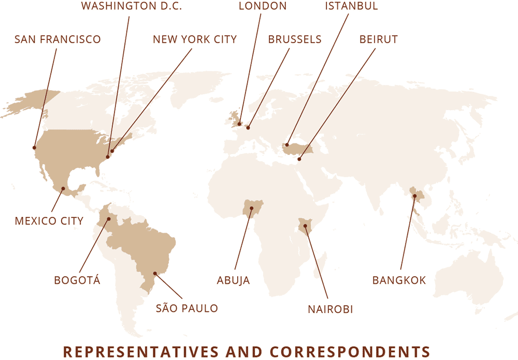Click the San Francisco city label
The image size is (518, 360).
click(x=57, y=39)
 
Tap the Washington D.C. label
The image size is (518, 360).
click(x=132, y=7)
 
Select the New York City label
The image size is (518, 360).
click(x=195, y=39)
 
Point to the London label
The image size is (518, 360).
click(x=263, y=7)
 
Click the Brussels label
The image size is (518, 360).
click(x=295, y=39)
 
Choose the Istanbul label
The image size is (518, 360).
click(x=352, y=7)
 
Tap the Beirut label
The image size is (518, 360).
click(x=378, y=39)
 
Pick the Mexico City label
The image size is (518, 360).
click(x=49, y=221)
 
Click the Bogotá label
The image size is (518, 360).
click(x=77, y=281)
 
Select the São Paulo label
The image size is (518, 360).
click(x=187, y=309)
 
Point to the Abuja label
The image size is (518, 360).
click(x=233, y=281)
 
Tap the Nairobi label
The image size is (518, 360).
click(x=330, y=309)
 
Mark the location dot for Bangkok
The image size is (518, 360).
click(x=414, y=196)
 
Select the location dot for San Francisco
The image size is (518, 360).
click(x=34, y=148)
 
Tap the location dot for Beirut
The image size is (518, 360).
click(x=299, y=160)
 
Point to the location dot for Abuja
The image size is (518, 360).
click(x=251, y=209)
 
